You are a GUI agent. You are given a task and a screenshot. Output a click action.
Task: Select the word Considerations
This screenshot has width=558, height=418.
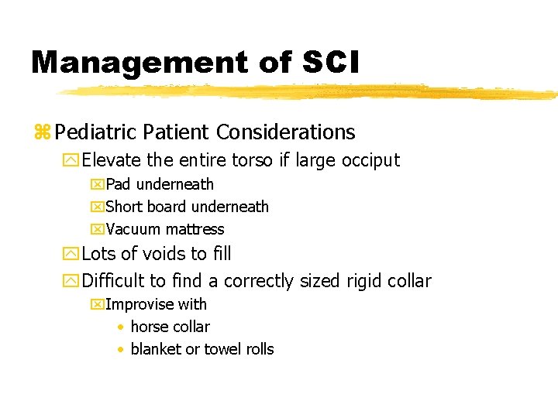(x=286, y=132)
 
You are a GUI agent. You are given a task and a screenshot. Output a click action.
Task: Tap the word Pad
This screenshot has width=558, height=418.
(x=119, y=184)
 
